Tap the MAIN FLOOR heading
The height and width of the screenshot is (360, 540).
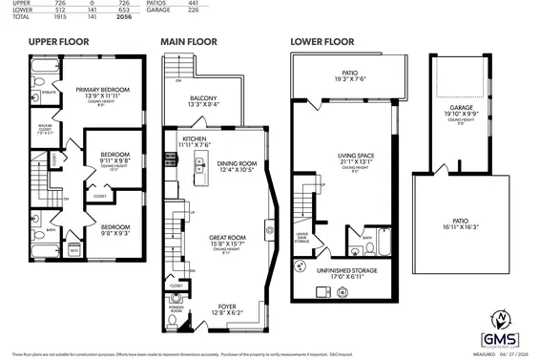tap(188, 42)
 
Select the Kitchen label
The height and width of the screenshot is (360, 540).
tap(194, 141)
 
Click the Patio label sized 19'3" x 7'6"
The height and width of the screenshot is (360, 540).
tap(349, 75)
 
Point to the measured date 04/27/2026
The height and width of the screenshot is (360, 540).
tap(504, 351)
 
